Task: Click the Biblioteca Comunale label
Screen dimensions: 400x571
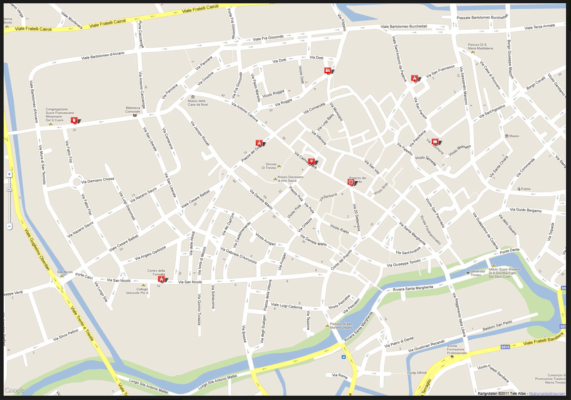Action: pyautogui.click(x=133, y=110)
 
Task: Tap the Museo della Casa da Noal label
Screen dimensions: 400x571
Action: pyautogui.click(x=197, y=103)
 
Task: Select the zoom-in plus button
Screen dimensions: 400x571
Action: pyautogui.click(x=9, y=174)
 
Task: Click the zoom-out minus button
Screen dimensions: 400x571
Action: pyautogui.click(x=9, y=226)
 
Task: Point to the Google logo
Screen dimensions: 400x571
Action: pyautogui.click(x=14, y=390)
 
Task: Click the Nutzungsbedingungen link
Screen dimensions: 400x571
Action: pyautogui.click(x=547, y=394)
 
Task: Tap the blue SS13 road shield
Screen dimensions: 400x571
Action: pyautogui.click(x=505, y=347)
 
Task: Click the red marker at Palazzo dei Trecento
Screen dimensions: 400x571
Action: pyautogui.click(x=351, y=182)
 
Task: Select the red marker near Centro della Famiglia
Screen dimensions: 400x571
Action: pyautogui.click(x=162, y=279)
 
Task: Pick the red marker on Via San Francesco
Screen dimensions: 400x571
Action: pyautogui.click(x=415, y=78)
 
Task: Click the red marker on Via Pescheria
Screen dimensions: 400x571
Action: pyautogui.click(x=435, y=142)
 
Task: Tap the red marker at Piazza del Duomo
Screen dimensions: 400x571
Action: pyautogui.click(x=259, y=144)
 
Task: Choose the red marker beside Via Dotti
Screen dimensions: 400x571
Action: pyautogui.click(x=327, y=70)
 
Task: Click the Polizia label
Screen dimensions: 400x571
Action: pyautogui.click(x=526, y=189)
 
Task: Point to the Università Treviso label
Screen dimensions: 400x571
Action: pyautogui.click(x=477, y=273)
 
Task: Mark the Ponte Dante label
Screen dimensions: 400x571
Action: pyautogui.click(x=509, y=250)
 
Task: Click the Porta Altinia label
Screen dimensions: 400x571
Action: pyautogui.click(x=416, y=373)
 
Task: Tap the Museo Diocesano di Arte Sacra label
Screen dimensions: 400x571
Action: pyautogui.click(x=290, y=179)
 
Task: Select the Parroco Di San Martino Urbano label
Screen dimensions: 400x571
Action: pyautogui.click(x=341, y=326)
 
